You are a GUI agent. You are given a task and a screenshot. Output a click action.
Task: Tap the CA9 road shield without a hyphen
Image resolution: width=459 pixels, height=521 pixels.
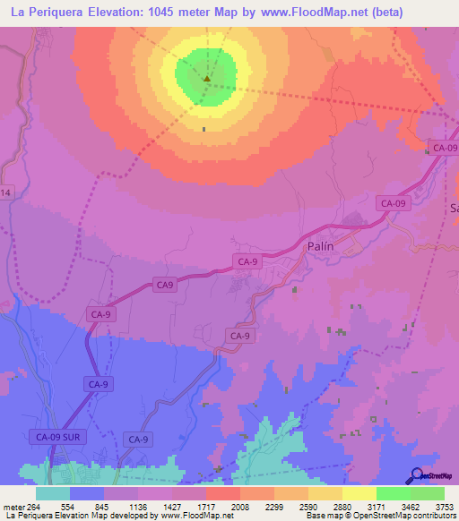pyautogui.click(x=164, y=285)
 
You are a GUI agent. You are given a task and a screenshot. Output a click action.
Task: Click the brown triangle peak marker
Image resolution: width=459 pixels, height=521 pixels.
pyautogui.click(x=207, y=78)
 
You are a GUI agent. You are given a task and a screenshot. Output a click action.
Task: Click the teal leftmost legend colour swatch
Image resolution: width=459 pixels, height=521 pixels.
pyautogui.click(x=52, y=493)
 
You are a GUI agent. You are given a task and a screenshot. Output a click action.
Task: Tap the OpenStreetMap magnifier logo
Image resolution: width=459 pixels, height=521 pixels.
pyautogui.click(x=414, y=475)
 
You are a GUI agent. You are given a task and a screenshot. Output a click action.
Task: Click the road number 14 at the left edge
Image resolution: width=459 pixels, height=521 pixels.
pyautogui.click(x=5, y=193)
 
